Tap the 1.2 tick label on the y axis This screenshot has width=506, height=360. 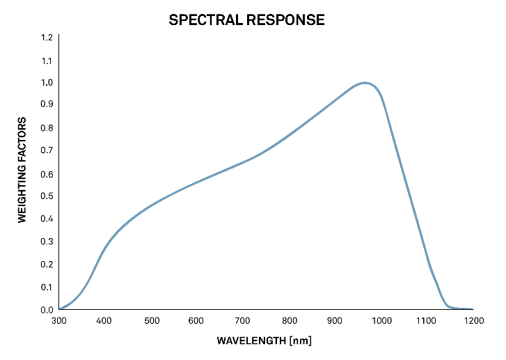(x=47, y=38)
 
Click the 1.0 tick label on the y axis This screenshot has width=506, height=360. (x=47, y=83)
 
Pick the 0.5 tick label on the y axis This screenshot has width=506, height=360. (x=47, y=196)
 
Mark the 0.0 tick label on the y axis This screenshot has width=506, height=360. (x=47, y=310)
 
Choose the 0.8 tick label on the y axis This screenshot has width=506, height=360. (x=47, y=128)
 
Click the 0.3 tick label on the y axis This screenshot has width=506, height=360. (x=47, y=242)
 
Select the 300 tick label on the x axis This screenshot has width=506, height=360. (x=59, y=321)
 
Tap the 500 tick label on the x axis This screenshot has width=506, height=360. (x=152, y=321)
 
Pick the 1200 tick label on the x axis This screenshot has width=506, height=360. (x=473, y=321)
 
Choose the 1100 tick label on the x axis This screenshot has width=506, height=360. (x=427, y=321)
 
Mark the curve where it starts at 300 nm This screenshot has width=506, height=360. (x=60, y=308)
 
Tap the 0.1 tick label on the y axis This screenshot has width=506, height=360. (x=47, y=287)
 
